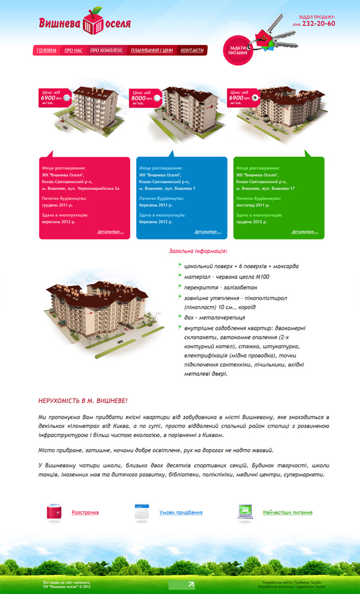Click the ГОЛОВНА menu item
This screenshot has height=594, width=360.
(47, 51)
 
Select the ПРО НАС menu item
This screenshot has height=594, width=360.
(73, 51)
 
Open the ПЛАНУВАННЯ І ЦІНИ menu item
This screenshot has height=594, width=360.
(152, 51)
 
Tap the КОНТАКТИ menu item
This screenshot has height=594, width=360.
(192, 51)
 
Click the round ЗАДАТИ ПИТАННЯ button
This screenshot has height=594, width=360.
(238, 50)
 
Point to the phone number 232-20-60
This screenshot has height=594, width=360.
(318, 24)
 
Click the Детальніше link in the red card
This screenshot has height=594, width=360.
(110, 232)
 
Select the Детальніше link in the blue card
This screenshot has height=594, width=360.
(208, 232)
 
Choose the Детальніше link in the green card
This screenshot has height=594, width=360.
(305, 232)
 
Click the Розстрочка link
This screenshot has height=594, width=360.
(85, 512)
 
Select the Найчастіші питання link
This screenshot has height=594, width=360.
(287, 512)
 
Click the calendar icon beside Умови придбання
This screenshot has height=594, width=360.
(141, 512)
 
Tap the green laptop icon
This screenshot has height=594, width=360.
(245, 512)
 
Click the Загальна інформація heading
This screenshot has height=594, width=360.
(198, 251)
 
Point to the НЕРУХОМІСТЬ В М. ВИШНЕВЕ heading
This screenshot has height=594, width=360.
(83, 401)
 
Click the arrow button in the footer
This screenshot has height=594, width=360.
(181, 585)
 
